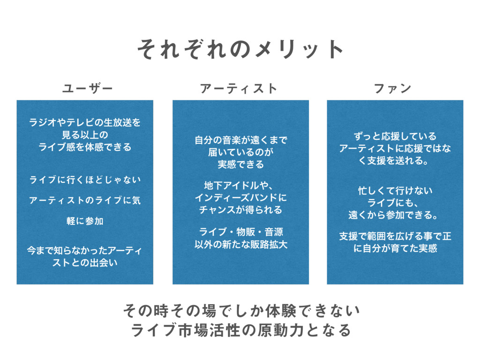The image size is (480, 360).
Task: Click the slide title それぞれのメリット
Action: tap(240, 48)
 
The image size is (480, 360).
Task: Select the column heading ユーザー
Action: tap(87, 88)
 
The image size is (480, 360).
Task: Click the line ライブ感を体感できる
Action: tap(85, 147)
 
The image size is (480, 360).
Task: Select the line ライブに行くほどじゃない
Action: tap(85, 180)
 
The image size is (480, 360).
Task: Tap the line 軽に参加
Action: tap(85, 221)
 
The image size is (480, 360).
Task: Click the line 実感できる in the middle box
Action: tap(240, 164)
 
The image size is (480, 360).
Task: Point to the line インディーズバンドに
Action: tap(240, 197)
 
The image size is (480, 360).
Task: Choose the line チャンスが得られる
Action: tap(240, 210)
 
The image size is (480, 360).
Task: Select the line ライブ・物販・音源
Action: tap(240, 232)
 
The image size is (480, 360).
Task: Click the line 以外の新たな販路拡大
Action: tap(240, 244)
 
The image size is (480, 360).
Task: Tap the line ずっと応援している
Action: tap(395, 136)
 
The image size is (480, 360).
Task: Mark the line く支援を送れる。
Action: tap(395, 161)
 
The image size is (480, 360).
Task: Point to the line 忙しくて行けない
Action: tap(395, 191)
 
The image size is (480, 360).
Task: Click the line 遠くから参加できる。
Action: tap(395, 215)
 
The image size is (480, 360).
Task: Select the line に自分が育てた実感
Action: tap(395, 248)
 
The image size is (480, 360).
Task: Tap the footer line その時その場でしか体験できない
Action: tap(240, 310)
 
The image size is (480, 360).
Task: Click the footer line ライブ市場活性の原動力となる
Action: tap(240, 330)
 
